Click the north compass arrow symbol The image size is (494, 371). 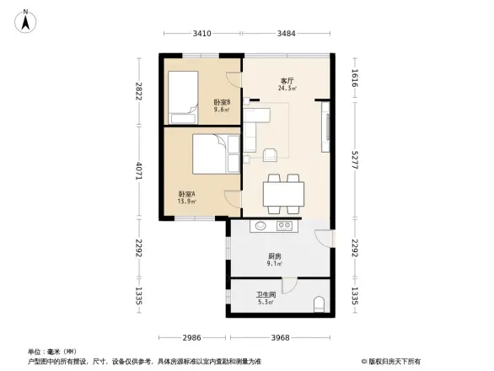27,19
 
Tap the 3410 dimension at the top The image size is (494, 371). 201,34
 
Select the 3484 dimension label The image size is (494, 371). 287,34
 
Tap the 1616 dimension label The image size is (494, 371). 354,80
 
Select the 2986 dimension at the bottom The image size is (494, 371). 194,338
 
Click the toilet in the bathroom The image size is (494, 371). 319,303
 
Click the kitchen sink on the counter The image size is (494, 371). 260,226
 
